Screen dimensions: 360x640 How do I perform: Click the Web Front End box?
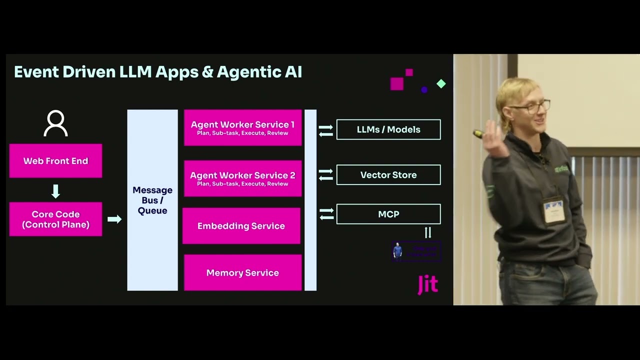click(x=55, y=161)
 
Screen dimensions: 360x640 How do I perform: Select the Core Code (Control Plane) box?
click(x=55, y=219)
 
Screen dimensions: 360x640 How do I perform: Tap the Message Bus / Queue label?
click(x=152, y=200)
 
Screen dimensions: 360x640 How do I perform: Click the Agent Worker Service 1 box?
click(x=242, y=128)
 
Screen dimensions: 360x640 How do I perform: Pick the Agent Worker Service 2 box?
click(x=242, y=178)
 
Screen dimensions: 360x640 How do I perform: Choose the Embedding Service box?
click(x=241, y=226)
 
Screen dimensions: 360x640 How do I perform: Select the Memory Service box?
click(x=242, y=272)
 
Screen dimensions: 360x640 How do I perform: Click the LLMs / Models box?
click(x=388, y=129)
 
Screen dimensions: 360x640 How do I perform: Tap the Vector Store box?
click(x=388, y=175)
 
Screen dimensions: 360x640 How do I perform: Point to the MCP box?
click(x=388, y=214)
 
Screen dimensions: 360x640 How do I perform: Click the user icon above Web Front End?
click(x=55, y=123)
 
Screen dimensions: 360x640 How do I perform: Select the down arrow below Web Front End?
click(x=55, y=191)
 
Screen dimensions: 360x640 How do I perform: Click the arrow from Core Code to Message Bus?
click(x=114, y=219)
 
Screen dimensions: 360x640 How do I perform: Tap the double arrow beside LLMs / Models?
click(x=326, y=130)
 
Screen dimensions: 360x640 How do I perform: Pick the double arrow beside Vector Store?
click(x=326, y=174)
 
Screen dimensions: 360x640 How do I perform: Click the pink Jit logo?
click(x=428, y=284)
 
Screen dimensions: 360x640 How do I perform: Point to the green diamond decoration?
click(x=441, y=83)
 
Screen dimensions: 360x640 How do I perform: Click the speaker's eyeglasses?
click(x=530, y=106)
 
